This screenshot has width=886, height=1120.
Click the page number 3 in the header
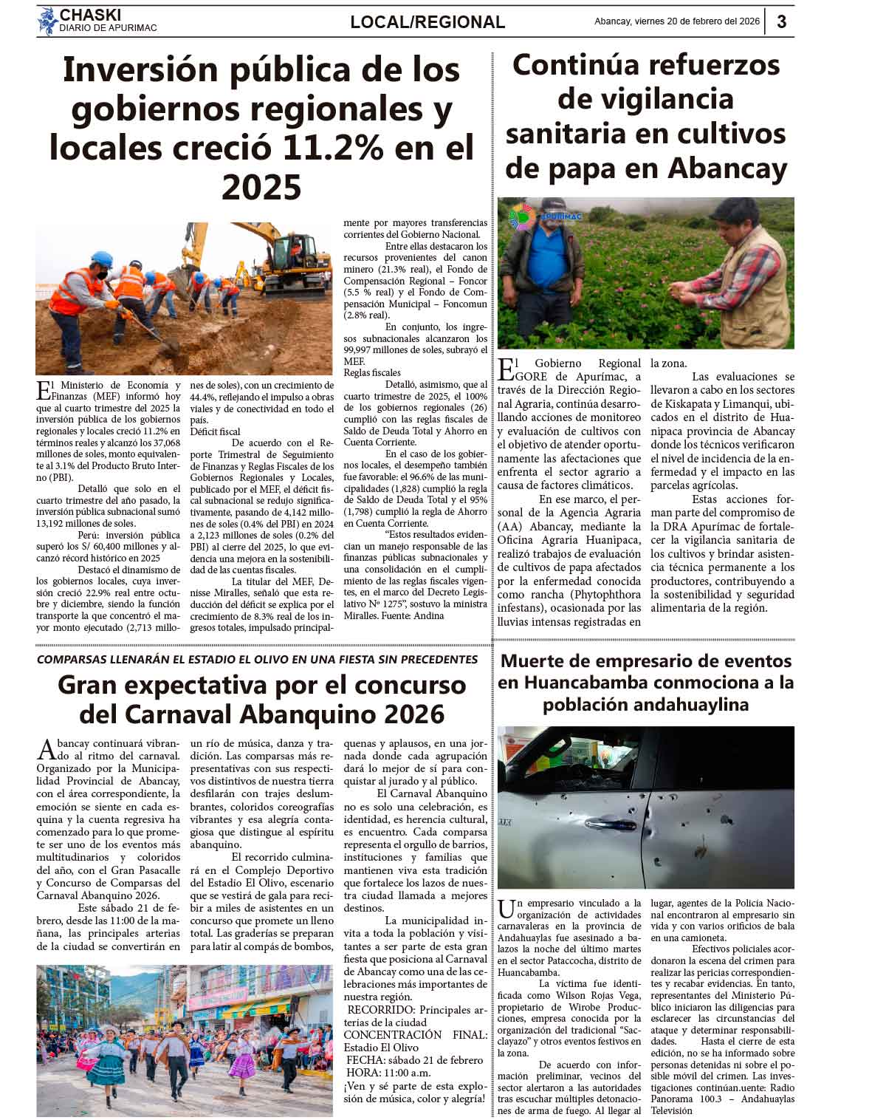point(781,21)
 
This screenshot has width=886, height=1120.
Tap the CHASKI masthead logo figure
point(48,21)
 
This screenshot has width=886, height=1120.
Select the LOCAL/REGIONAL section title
point(427,22)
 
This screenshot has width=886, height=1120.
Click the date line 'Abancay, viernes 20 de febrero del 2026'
point(677,21)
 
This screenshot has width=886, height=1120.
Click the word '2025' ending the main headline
point(261,187)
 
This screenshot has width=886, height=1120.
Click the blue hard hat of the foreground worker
point(101,260)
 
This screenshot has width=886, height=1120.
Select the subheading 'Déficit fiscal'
point(215,431)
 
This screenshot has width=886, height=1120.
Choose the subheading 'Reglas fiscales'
point(372,373)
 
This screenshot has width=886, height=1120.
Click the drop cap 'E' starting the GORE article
point(506,369)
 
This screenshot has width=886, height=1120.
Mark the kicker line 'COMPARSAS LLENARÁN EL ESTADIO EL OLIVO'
point(257,659)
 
